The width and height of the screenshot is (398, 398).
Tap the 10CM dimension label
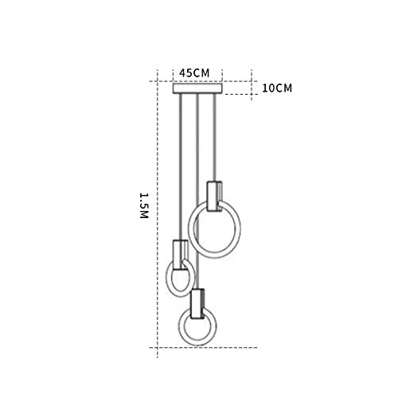(277, 88)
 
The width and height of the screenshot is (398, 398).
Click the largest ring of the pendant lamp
(217, 228)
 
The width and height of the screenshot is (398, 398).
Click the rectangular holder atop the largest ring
(213, 196)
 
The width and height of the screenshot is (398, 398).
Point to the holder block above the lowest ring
(197, 301)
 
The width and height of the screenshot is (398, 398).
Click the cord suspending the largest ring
(213, 135)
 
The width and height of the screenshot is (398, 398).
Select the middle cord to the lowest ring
(196, 191)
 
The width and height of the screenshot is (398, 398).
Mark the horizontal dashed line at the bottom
(207, 348)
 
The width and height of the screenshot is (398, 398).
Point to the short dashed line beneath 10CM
(239, 96)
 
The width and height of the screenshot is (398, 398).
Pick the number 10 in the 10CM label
(268, 88)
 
